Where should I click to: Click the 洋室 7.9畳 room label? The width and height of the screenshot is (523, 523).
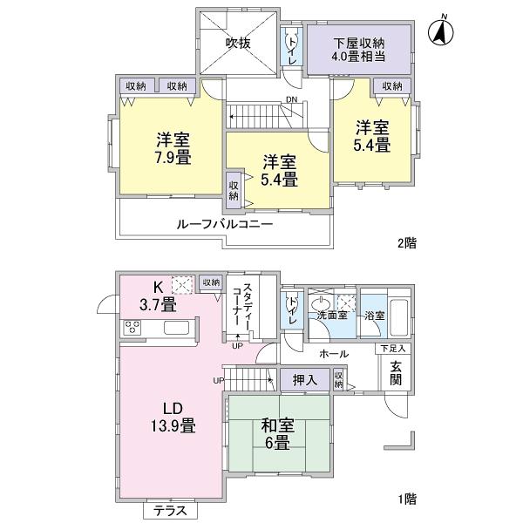pos(174,147)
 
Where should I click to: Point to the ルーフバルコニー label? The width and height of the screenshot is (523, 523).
pos(227,223)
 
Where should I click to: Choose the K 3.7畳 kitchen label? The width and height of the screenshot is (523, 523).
pos(156,295)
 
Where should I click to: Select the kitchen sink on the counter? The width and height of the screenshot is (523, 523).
pos(174,328)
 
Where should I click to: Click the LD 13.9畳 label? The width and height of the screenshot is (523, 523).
pos(174,418)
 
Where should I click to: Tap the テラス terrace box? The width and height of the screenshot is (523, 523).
pos(171,511)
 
